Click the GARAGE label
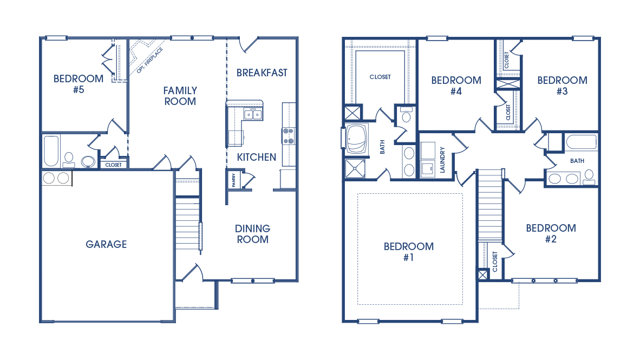(x=106, y=244)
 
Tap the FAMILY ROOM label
(x=180, y=96)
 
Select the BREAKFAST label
(x=262, y=73)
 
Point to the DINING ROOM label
(x=253, y=234)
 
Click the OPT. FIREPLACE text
(x=150, y=60)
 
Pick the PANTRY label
(x=234, y=180)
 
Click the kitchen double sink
(x=253, y=114)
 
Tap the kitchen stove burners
(x=289, y=136)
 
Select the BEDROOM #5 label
(x=79, y=84)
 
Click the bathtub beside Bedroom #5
(x=51, y=151)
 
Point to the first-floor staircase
(x=187, y=217)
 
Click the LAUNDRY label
(x=442, y=160)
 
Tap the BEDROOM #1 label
(x=409, y=252)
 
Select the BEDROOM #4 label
(x=456, y=86)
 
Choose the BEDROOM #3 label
(x=563, y=86)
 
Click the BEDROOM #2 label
(x=551, y=233)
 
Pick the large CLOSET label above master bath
(x=380, y=77)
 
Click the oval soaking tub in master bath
(x=357, y=139)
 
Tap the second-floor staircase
(x=490, y=205)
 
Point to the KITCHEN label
(x=257, y=157)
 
